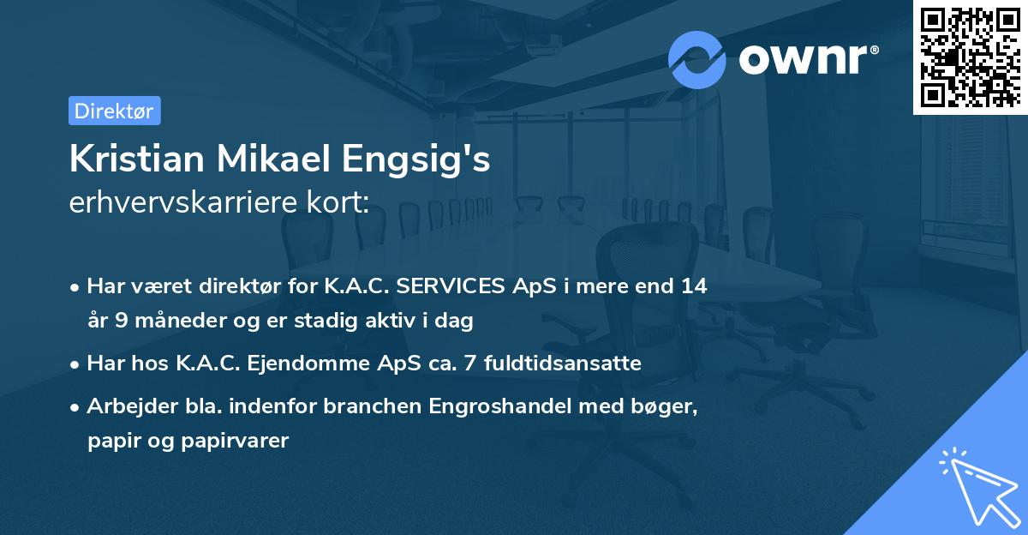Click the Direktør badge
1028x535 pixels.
[114, 111]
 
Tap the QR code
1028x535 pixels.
[970, 57]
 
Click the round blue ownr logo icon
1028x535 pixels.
[697, 59]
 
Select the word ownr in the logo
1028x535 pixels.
[808, 59]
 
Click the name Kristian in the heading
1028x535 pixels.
[137, 159]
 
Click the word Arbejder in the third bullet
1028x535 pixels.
[123, 406]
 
